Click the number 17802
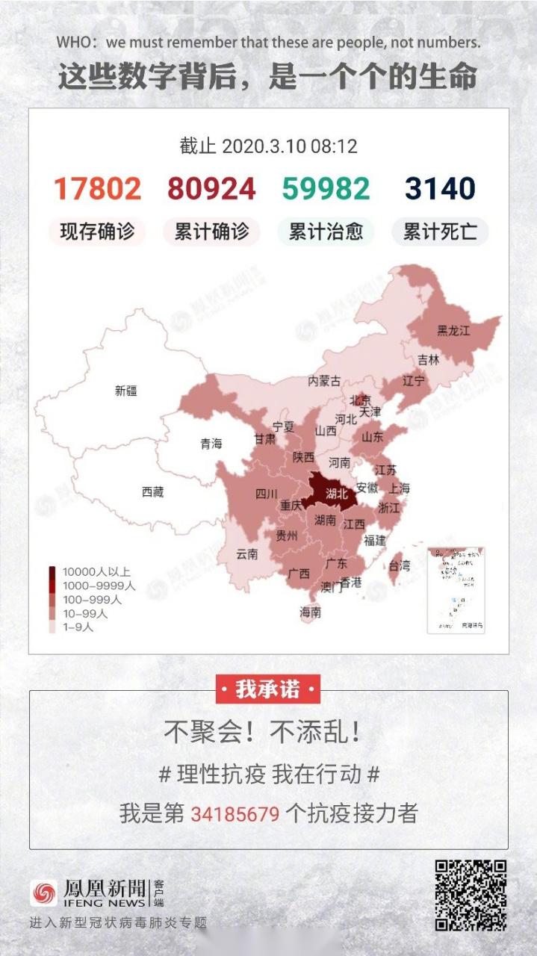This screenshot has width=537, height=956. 97,189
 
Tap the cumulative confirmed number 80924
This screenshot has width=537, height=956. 211,189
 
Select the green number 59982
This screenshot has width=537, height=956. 326,189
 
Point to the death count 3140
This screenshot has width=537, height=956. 440,189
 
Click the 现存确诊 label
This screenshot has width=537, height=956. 97,232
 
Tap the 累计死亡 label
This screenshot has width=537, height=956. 440,232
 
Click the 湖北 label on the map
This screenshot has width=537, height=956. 337,493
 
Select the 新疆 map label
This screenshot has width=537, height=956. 126,390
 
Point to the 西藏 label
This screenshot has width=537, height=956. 152,491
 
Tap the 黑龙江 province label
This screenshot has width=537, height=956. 453,331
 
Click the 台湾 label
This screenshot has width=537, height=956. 400,565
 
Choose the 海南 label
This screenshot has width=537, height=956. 311,612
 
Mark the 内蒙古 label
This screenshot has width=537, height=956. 325,381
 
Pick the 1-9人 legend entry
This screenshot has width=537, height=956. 78,627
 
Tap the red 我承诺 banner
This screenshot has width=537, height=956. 268,689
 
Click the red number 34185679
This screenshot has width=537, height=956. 235,813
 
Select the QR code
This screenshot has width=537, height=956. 471,895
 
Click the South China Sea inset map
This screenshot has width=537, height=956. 456,590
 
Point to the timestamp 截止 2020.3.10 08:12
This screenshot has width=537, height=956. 268,146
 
